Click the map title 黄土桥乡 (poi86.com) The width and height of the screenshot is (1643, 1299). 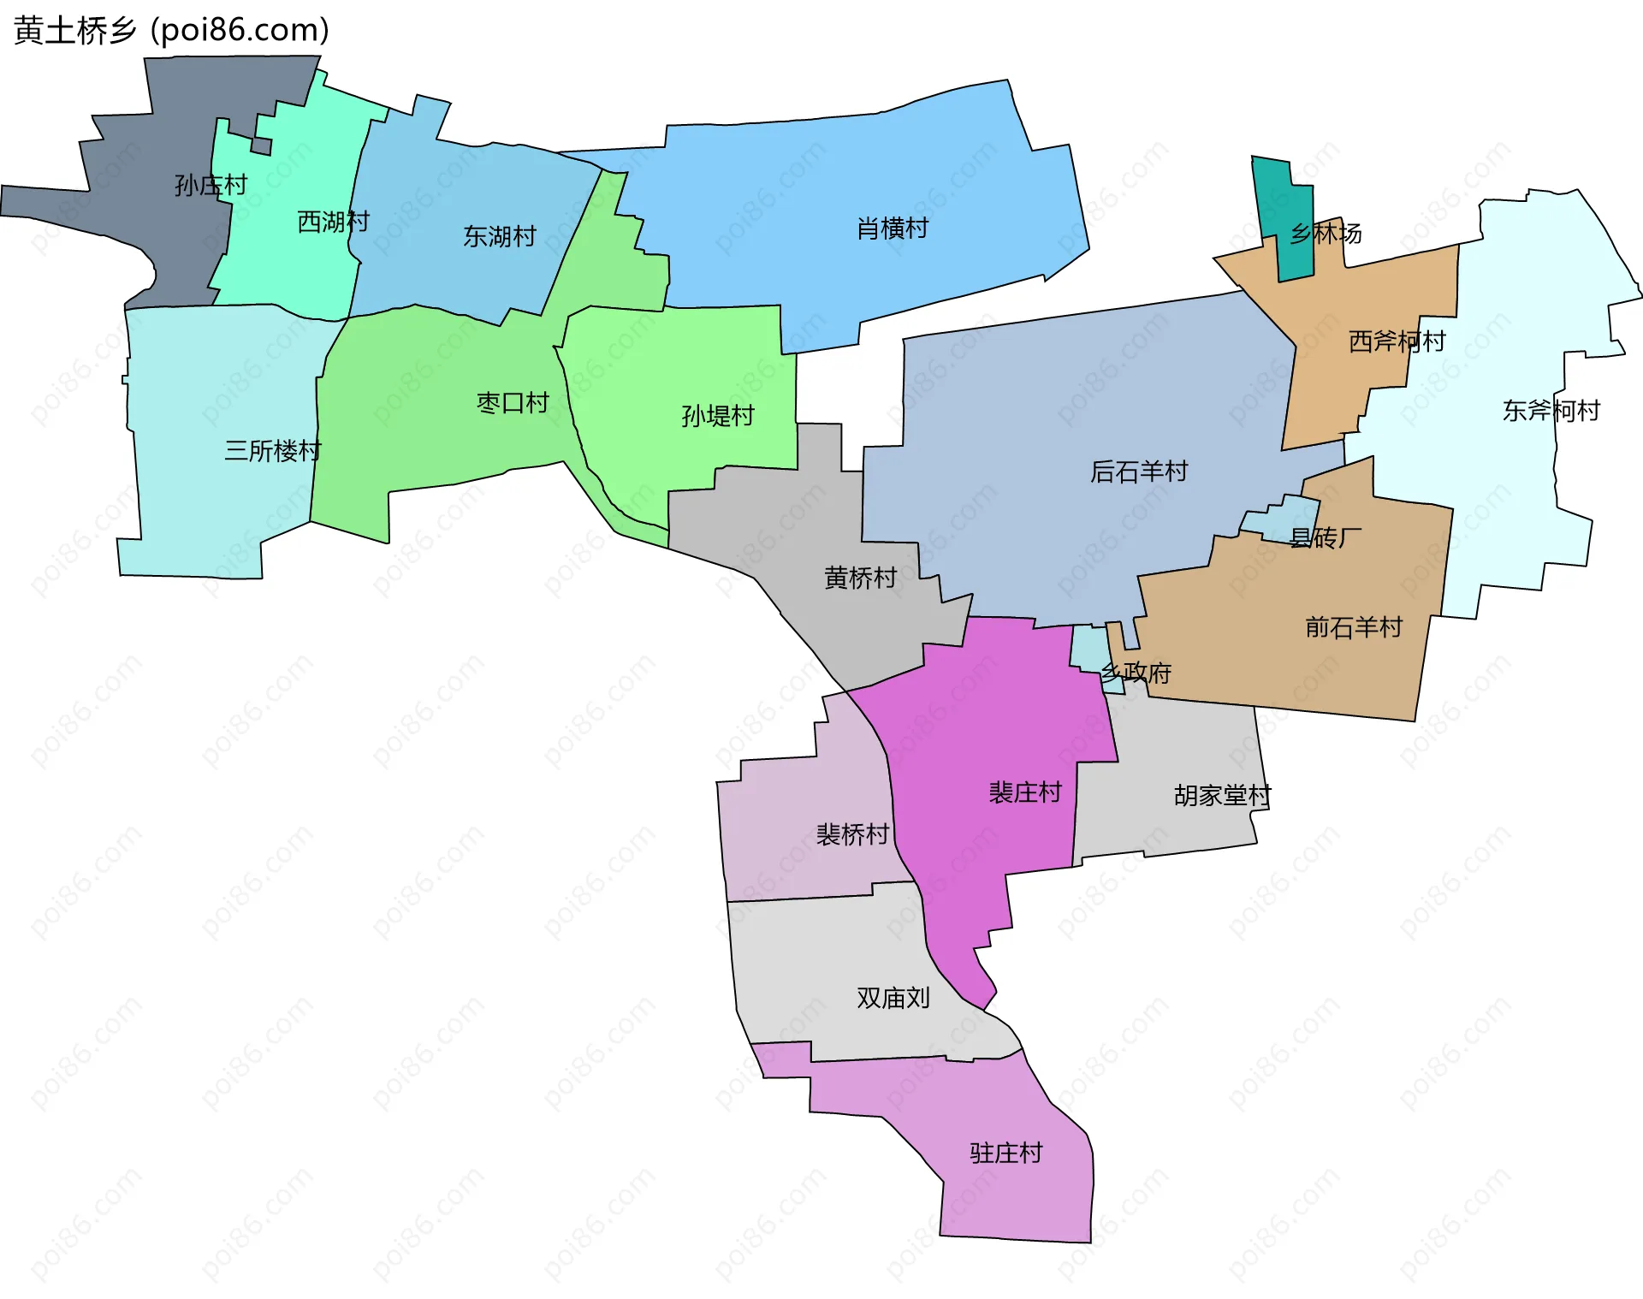pyautogui.click(x=171, y=31)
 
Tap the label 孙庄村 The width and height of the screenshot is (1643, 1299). pyautogui.click(x=211, y=185)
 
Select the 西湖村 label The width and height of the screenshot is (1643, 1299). pyautogui.click(x=333, y=222)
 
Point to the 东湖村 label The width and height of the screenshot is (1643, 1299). pyautogui.click(x=500, y=236)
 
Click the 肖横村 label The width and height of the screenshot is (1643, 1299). pyautogui.click(x=893, y=228)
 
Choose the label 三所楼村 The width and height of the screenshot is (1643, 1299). pyautogui.click(x=272, y=451)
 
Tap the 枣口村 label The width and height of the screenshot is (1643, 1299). pyautogui.click(x=513, y=402)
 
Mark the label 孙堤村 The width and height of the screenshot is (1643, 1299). pyautogui.click(x=718, y=416)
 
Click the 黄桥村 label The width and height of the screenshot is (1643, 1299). pyautogui.click(x=860, y=578)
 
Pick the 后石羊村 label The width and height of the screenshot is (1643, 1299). pyautogui.click(x=1139, y=472)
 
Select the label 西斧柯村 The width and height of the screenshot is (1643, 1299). pyautogui.click(x=1397, y=341)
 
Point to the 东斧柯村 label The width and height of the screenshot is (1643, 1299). pyautogui.click(x=1551, y=411)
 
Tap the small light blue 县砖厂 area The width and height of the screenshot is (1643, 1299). pyautogui.click(x=1284, y=519)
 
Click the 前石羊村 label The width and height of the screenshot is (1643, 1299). pyautogui.click(x=1354, y=627)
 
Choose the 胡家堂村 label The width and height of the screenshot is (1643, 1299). pyautogui.click(x=1222, y=796)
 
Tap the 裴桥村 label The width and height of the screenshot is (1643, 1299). pyautogui.click(x=852, y=834)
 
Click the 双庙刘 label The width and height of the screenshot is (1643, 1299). pyautogui.click(x=893, y=998)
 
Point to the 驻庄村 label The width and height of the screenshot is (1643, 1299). pyautogui.click(x=1005, y=1154)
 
